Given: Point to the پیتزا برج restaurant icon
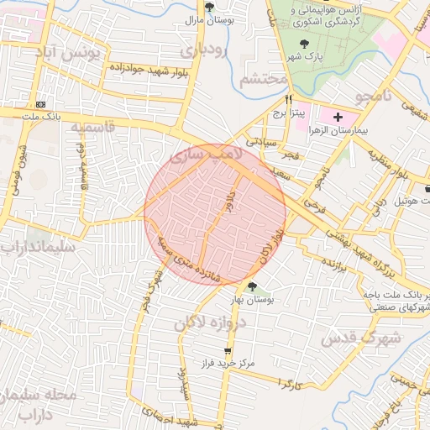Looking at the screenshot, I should coord(290,98).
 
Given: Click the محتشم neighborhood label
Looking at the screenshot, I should coord(264,80).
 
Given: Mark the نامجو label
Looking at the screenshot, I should coord(373,97).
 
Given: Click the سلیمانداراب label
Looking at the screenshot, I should coord(38,249).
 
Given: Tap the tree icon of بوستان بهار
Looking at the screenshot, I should coord(252,287).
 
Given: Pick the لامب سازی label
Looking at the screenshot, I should coord(205,156).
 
